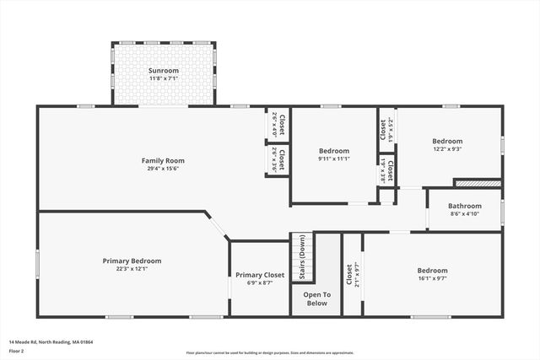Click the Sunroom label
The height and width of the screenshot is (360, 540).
pos(164,70)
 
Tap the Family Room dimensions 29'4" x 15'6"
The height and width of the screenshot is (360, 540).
pos(163,169)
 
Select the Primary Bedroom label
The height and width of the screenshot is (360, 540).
pos(132,261)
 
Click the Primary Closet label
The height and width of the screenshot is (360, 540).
pos(260,275)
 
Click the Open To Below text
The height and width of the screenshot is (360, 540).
pos(316,298)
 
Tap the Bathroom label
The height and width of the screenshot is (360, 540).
pos(465,206)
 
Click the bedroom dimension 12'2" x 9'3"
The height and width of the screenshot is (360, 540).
pos(447,149)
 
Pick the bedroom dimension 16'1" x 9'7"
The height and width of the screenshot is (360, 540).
pos(432,279)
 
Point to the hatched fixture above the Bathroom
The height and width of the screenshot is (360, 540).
pos(478,182)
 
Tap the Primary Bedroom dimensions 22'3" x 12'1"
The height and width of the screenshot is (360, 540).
pos(132,269)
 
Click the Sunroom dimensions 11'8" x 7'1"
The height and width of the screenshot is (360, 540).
pos(164,78)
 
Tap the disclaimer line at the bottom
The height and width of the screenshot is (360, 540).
pos(270,352)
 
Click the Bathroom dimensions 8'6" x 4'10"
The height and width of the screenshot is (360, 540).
pos(465,214)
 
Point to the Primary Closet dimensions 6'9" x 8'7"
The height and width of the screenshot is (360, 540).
pos(260,283)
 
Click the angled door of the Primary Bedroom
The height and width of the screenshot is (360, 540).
pos(218,227)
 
